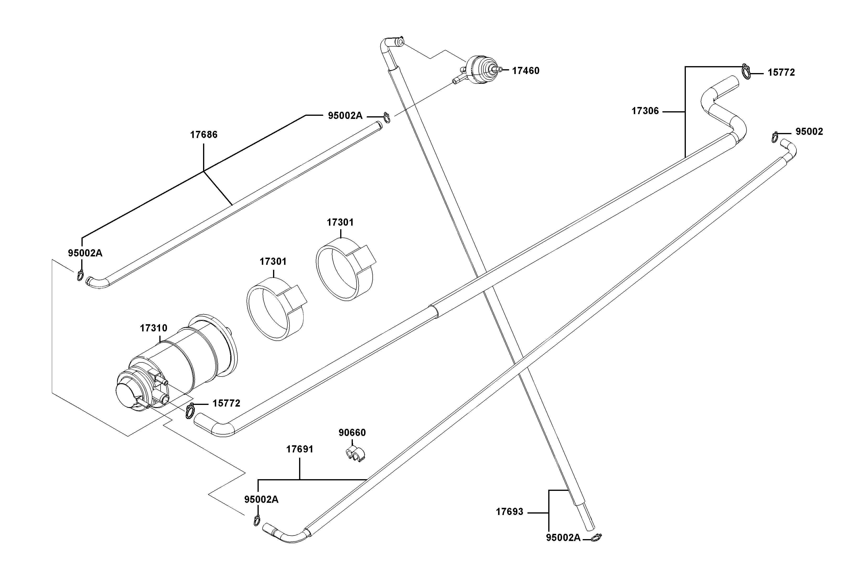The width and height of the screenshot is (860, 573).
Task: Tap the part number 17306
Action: click(645, 111)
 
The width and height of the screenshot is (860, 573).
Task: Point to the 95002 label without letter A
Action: click(809, 132)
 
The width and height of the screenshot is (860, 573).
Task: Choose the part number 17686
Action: click(204, 135)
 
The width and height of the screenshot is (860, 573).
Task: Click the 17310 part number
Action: click(154, 328)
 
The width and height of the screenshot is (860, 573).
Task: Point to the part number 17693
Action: click(509, 512)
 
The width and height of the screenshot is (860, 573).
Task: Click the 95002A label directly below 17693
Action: click(563, 538)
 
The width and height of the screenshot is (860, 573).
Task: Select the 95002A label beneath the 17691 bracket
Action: click(261, 499)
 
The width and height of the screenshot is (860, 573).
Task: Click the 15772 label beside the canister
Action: click(226, 403)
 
